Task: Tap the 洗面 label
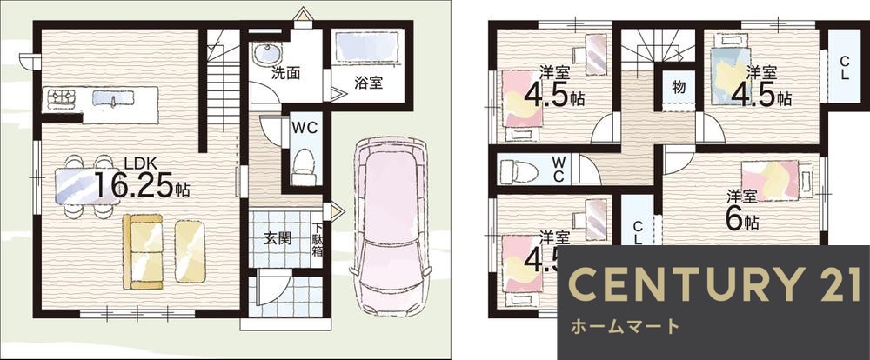click(285, 73)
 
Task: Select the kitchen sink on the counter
click(113, 98)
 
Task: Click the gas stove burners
click(62, 98)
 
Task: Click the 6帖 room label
click(741, 210)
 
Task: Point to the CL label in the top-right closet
click(846, 66)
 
